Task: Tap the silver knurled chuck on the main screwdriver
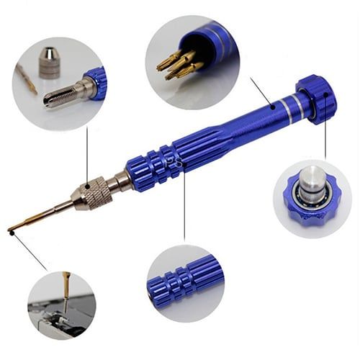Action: [x=94, y=193]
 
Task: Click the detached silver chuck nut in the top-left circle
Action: [x=50, y=63]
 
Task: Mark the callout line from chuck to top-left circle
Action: [x=87, y=155]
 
